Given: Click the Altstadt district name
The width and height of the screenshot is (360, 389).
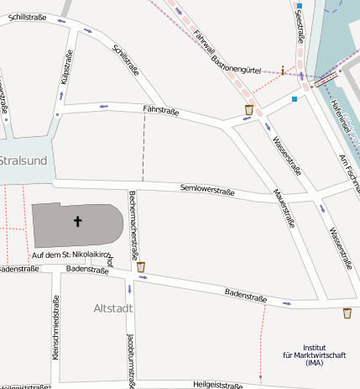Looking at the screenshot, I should [x=112, y=309].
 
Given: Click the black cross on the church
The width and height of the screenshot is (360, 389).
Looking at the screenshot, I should [x=78, y=222].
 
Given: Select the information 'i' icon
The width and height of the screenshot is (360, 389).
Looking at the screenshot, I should [x=284, y=71].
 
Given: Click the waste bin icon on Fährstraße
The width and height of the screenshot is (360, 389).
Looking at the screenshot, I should [x=248, y=109].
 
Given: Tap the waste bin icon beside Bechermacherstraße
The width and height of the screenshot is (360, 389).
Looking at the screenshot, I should [x=141, y=267].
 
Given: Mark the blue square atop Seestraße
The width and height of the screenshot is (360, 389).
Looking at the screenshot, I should [x=299, y=7].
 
